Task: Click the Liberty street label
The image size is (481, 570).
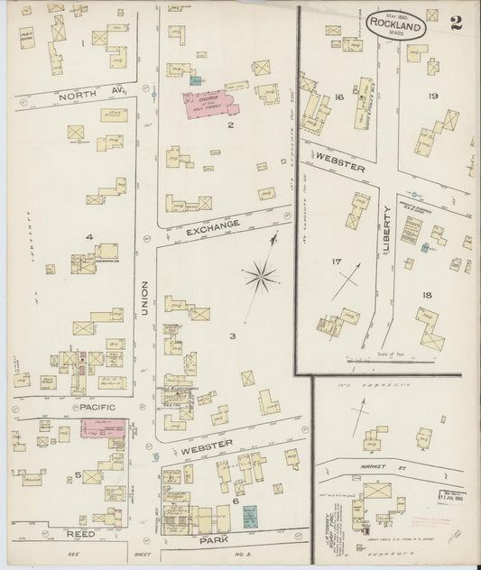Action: (386, 230)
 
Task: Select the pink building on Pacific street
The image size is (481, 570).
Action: (104, 427)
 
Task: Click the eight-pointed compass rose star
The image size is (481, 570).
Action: (260, 275)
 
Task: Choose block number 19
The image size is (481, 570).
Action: (433, 96)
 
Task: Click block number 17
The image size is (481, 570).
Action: (337, 262)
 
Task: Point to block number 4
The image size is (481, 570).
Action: (89, 237)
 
